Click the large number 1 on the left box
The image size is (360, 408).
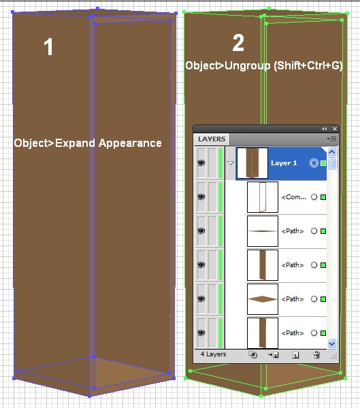(48, 46)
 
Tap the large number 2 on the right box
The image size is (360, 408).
(238, 43)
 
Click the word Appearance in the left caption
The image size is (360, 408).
(130, 143)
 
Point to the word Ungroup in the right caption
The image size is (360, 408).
(247, 65)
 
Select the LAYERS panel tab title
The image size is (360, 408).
(212, 139)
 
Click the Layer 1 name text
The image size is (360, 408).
(284, 163)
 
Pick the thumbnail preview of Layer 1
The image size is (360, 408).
(252, 163)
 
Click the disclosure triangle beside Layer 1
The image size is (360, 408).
(230, 163)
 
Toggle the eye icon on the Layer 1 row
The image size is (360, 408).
(201, 163)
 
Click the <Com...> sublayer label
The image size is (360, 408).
(293, 197)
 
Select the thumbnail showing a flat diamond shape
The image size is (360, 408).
(262, 299)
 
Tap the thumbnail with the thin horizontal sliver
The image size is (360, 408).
(262, 231)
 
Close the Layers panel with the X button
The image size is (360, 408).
(335, 129)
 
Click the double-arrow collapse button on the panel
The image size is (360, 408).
(325, 129)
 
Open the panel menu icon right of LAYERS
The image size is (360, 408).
(331, 139)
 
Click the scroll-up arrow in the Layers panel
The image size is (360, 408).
(332, 152)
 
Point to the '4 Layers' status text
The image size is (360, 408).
(213, 354)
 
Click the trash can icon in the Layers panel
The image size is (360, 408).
(316, 355)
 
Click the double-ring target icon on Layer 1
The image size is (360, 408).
(314, 163)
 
